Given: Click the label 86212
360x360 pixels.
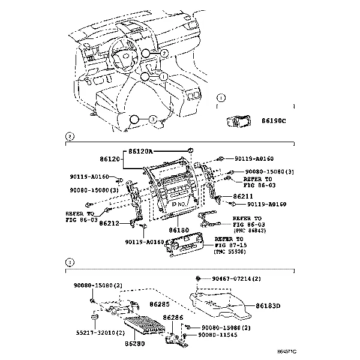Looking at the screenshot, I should click(110, 223).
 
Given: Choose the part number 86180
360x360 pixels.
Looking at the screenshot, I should click(179, 230).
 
